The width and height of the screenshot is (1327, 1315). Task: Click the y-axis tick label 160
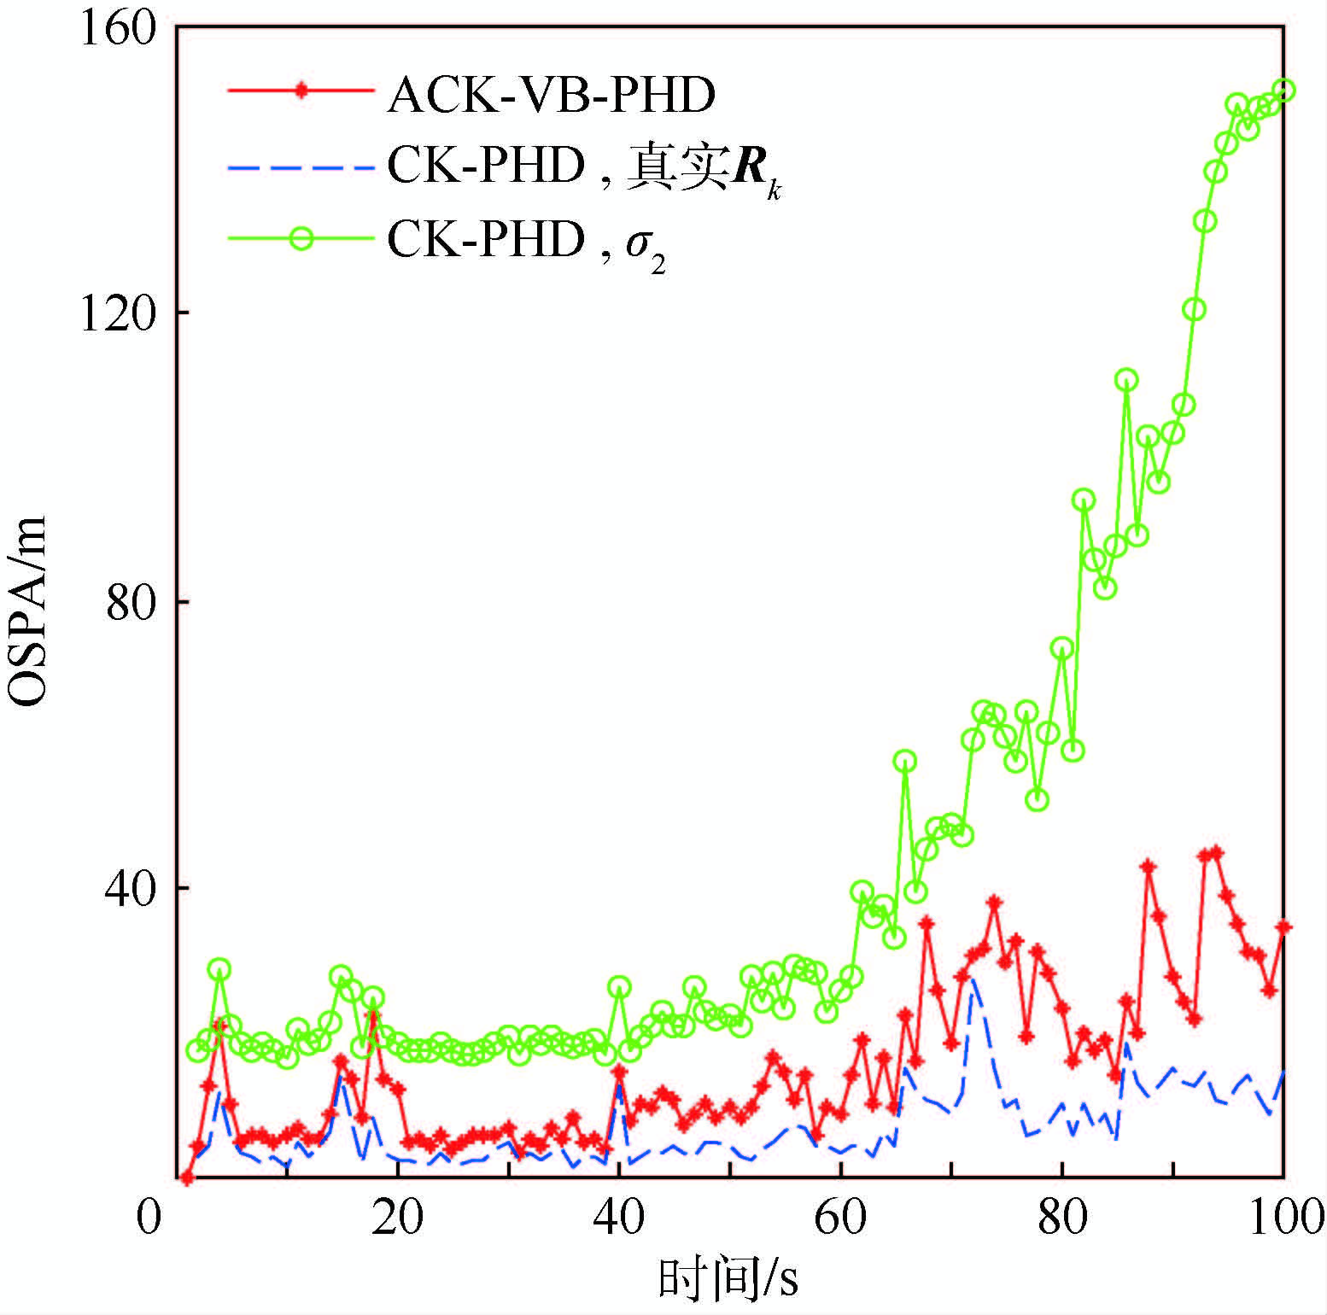pos(118,29)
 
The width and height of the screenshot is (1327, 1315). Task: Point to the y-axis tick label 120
pos(118,314)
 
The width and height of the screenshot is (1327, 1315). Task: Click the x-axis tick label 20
pos(398,1217)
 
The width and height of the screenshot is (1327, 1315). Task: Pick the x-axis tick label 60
pos(841,1217)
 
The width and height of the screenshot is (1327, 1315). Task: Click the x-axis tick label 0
pos(149,1217)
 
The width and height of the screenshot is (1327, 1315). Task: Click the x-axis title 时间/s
pos(728,1278)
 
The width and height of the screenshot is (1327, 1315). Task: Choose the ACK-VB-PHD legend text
pos(552,94)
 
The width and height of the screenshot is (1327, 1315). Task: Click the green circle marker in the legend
pos(301,238)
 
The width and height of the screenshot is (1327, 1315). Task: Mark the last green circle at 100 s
pos(1283,91)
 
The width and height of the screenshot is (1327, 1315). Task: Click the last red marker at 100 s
pos(1283,927)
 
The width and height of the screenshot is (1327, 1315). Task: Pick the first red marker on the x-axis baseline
pos(188,1178)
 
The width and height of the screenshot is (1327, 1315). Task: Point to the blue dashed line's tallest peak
pos(973,980)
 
